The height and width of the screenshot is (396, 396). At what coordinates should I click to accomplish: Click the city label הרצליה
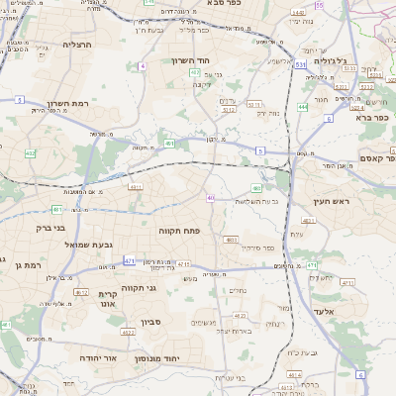pyautogui.click(x=76, y=45)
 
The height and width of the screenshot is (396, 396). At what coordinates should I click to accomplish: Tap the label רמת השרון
pyautogui.click(x=67, y=103)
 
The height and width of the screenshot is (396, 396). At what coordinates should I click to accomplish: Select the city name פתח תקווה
pyautogui.click(x=179, y=230)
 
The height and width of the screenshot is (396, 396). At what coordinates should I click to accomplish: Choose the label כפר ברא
pyautogui.click(x=369, y=117)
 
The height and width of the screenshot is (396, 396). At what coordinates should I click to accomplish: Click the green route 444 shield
pyautogui.click(x=302, y=106)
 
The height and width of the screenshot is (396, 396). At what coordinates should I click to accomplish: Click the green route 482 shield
pyautogui.click(x=196, y=72)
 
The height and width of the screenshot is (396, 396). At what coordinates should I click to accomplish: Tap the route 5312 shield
pyautogui.click(x=229, y=111)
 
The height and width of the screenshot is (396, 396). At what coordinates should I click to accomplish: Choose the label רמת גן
pyautogui.click(x=8, y=264)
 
